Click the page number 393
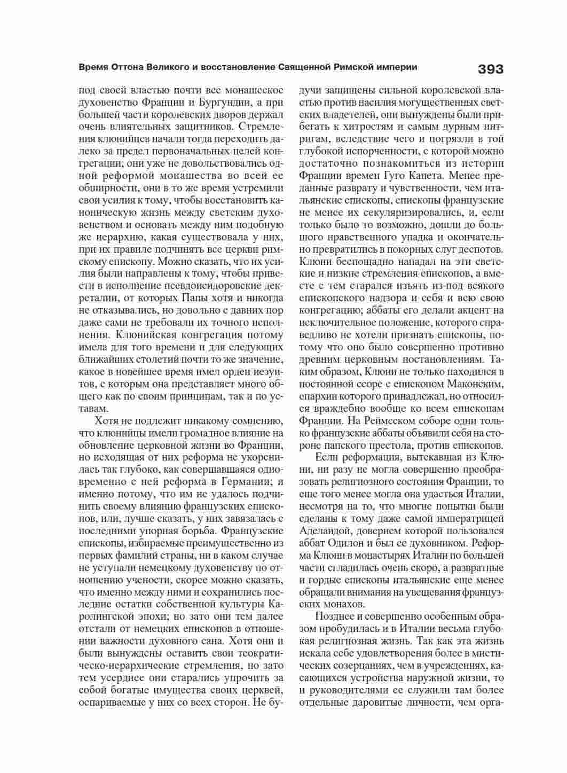coord(490,69)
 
